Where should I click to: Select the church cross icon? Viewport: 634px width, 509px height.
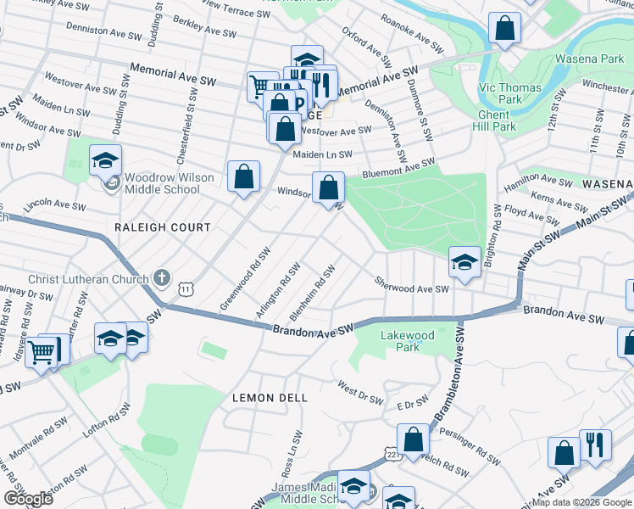(x=162, y=278)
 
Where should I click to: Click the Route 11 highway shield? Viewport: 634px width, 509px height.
(x=185, y=289)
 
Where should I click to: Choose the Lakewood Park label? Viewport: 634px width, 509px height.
(x=408, y=341)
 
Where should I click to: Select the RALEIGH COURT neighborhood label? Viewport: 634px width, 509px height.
(x=163, y=227)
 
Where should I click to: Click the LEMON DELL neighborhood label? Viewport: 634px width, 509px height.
(x=270, y=397)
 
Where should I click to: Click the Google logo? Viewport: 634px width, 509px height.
(x=30, y=498)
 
